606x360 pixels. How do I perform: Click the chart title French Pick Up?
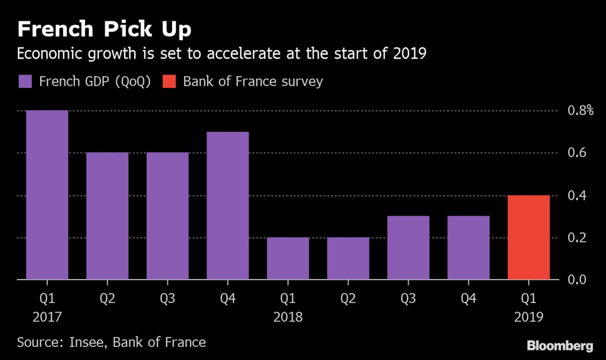tap(104, 29)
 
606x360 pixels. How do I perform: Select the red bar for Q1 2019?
tap(529, 237)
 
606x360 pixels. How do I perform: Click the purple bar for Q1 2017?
tap(47, 195)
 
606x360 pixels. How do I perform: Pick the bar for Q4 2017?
tap(228, 205)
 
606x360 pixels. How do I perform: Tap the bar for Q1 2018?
tap(288, 259)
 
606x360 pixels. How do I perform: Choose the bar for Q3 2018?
tap(409, 248)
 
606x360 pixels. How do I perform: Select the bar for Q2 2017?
tap(107, 216)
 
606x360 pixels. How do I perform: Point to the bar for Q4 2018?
tap(469, 248)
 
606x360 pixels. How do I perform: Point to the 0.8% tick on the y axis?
tap(579, 111)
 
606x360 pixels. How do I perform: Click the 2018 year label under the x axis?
tap(288, 317)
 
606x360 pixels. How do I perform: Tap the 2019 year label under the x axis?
tap(529, 317)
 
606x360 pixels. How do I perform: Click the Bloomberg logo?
tap(560, 346)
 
